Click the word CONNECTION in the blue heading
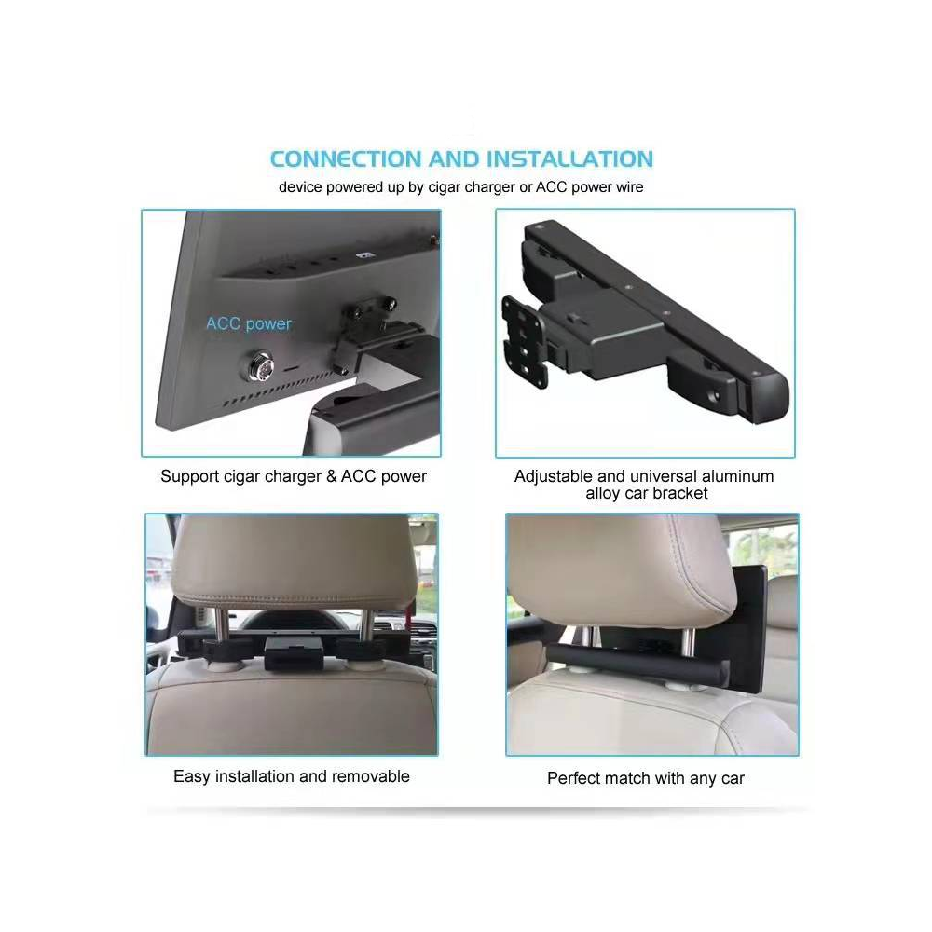346,159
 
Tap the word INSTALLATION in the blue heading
569,159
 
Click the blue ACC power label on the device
249,324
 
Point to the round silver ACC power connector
257,367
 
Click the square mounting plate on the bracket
524,340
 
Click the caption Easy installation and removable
291,776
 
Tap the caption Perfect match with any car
646,778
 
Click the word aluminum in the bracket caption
737,476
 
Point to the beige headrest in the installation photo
293,562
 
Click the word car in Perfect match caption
733,778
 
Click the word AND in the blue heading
454,159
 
